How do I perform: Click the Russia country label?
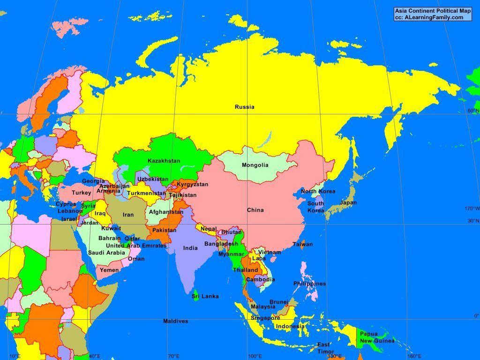245,107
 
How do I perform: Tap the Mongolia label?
255,165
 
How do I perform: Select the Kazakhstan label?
164,161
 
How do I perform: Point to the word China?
255,210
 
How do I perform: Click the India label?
190,248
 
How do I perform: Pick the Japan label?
348,203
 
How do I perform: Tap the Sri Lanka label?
205,296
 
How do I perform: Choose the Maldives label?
176,321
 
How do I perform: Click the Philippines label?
309,284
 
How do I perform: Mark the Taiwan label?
302,244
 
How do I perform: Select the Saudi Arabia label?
106,253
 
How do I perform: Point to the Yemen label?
109,270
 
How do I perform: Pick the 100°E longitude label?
255,356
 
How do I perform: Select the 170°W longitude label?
472,209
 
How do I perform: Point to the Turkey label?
81,193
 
